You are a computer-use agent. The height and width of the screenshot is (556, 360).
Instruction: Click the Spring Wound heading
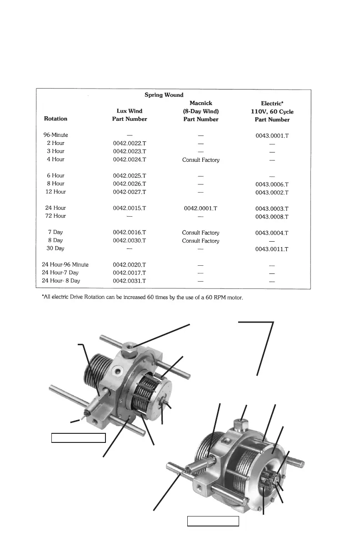tap(164, 95)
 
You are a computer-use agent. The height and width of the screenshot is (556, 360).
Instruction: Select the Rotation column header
tap(55, 119)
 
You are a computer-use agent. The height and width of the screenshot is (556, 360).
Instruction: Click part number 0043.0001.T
tap(272, 135)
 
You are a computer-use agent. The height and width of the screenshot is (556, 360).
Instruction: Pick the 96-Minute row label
tap(55, 135)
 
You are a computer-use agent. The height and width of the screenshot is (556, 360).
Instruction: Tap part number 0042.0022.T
tap(130, 143)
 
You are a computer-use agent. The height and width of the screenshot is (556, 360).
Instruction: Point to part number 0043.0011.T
tap(272, 249)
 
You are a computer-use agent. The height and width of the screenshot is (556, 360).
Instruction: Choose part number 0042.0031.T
tap(130, 281)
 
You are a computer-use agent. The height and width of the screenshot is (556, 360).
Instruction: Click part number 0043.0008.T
tap(272, 216)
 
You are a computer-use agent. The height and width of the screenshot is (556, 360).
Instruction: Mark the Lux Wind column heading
tap(130, 111)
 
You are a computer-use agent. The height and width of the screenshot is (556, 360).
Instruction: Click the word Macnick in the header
tap(200, 103)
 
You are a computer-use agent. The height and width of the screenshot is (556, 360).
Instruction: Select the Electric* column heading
tap(272, 104)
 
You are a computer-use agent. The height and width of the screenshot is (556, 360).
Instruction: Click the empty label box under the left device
tap(78, 437)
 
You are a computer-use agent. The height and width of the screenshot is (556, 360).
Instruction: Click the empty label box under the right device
tap(213, 521)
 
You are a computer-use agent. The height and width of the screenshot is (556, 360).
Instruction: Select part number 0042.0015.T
tap(130, 208)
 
